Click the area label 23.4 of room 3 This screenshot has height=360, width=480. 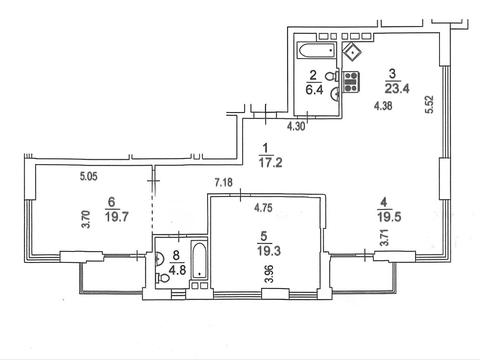click(x=397, y=89)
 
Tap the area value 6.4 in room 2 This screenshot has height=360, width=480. click(x=314, y=90)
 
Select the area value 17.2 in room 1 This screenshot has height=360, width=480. click(x=270, y=162)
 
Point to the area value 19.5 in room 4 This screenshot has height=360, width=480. click(x=389, y=217)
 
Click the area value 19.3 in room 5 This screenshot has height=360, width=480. click(x=269, y=251)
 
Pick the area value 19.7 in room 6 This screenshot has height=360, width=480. click(x=117, y=217)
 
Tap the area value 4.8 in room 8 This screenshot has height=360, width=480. click(x=177, y=269)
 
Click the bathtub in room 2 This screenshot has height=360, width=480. click(x=316, y=51)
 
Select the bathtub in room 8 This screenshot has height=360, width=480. click(x=199, y=260)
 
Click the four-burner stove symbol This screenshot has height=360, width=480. click(x=351, y=81)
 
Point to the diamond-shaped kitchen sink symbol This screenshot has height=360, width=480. click(x=352, y=52)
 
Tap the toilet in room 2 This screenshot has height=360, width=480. click(x=332, y=76)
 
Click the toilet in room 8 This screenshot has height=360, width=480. click(x=163, y=277)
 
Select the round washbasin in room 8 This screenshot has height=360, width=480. click(x=159, y=258)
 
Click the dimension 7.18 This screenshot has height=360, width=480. click(x=224, y=183)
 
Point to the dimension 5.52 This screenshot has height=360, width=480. click(x=429, y=105)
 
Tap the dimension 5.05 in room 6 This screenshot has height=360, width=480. click(x=89, y=176)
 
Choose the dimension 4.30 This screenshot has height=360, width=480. click(x=296, y=126)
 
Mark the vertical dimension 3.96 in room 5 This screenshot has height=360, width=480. click(x=269, y=273)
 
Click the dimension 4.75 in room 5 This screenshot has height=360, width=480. click(x=263, y=208)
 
